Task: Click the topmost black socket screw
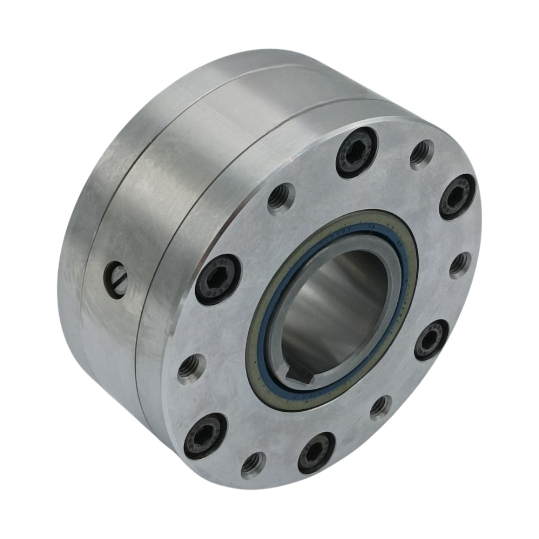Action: click(356, 152)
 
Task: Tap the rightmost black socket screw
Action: click(457, 197)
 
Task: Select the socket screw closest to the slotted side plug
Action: click(218, 279)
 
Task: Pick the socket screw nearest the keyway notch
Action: click(316, 452)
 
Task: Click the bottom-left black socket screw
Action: click(205, 436)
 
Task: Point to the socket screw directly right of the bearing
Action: click(431, 340)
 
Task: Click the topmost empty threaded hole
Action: click(422, 155)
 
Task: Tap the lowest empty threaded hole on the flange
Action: click(254, 465)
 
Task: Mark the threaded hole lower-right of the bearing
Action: click(381, 408)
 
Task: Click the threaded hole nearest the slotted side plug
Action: click(192, 369)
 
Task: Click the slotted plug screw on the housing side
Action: click(115, 280)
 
